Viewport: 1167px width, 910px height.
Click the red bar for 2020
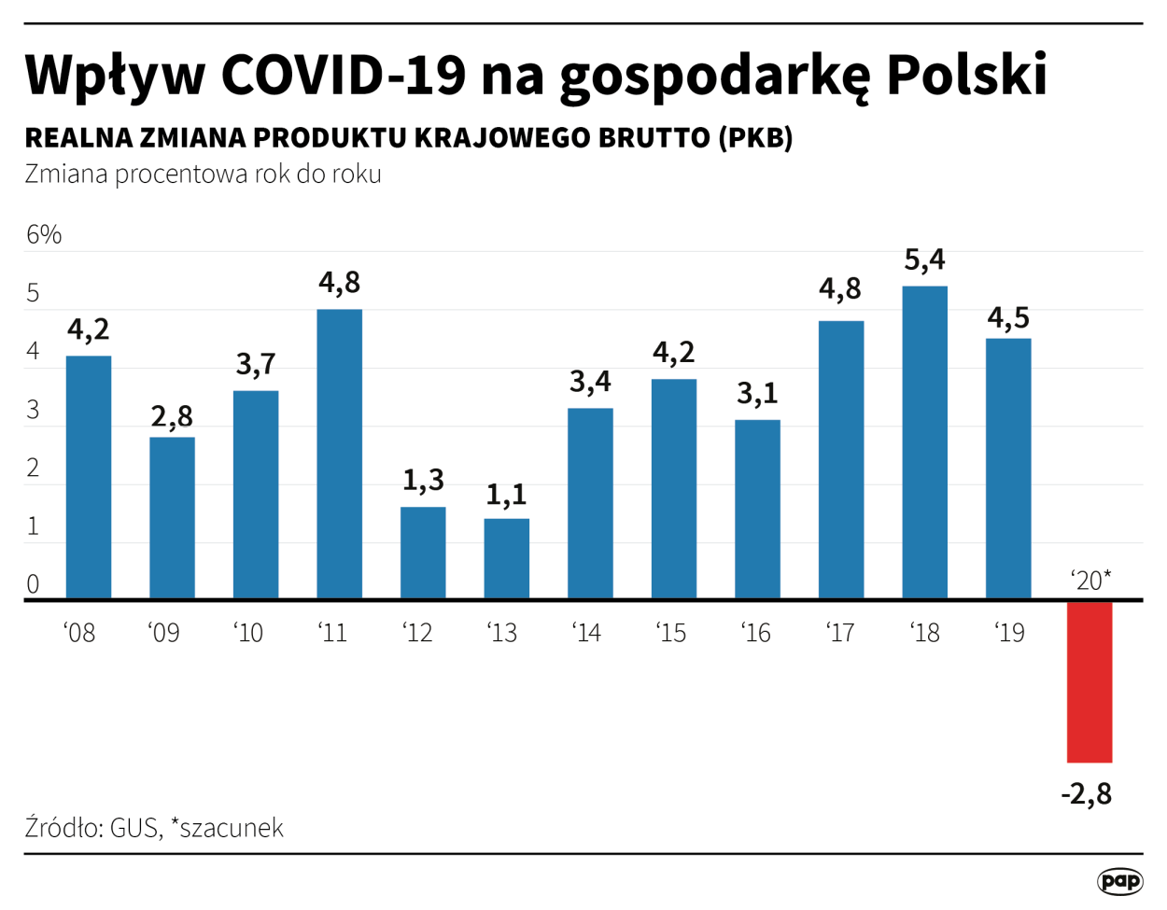[1090, 681]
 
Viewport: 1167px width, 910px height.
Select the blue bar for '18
[924, 441]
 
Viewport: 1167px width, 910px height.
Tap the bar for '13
[506, 558]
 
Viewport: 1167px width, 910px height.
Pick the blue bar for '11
[339, 454]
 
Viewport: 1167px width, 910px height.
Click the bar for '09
[172, 517]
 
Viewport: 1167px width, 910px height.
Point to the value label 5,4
[924, 259]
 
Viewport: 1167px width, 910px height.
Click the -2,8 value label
[1087, 794]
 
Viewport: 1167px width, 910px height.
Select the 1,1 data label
[506, 494]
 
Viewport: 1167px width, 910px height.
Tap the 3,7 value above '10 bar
[256, 364]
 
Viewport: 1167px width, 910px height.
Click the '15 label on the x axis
[671, 633]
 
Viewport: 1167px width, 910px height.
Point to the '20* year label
[1090, 581]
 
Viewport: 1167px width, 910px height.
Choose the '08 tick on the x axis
[79, 633]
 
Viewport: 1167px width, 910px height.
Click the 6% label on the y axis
[43, 234]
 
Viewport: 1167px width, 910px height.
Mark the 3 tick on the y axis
[33, 410]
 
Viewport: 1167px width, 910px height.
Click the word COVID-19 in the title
[343, 75]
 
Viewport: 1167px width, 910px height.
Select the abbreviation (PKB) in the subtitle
[755, 137]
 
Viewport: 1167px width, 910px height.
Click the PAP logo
[1118, 880]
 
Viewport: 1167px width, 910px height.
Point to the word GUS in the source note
[134, 828]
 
